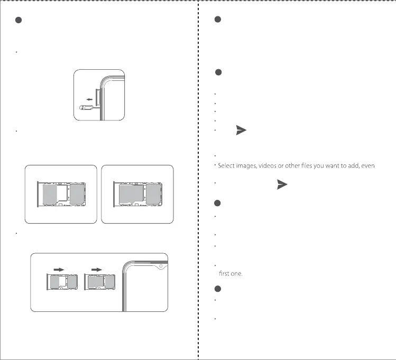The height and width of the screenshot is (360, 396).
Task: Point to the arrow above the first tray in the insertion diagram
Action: pos(59,269)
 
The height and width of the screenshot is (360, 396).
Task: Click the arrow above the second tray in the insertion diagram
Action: pos(97,269)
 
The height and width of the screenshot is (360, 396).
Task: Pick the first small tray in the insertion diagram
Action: pos(62,285)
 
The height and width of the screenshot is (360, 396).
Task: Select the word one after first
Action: pos(236,273)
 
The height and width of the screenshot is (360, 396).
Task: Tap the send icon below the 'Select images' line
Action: pos(282,184)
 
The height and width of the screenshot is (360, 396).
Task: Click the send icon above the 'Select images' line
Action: pos(241,131)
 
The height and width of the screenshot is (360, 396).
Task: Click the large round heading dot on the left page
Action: pos(18,21)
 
